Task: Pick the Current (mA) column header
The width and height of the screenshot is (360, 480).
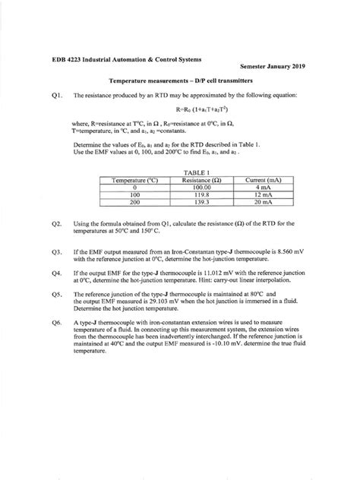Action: (x=264, y=180)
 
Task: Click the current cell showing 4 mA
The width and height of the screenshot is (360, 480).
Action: (x=264, y=187)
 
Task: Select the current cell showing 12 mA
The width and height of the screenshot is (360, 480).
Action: (x=264, y=194)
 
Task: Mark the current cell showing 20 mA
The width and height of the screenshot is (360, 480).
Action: (x=264, y=202)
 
